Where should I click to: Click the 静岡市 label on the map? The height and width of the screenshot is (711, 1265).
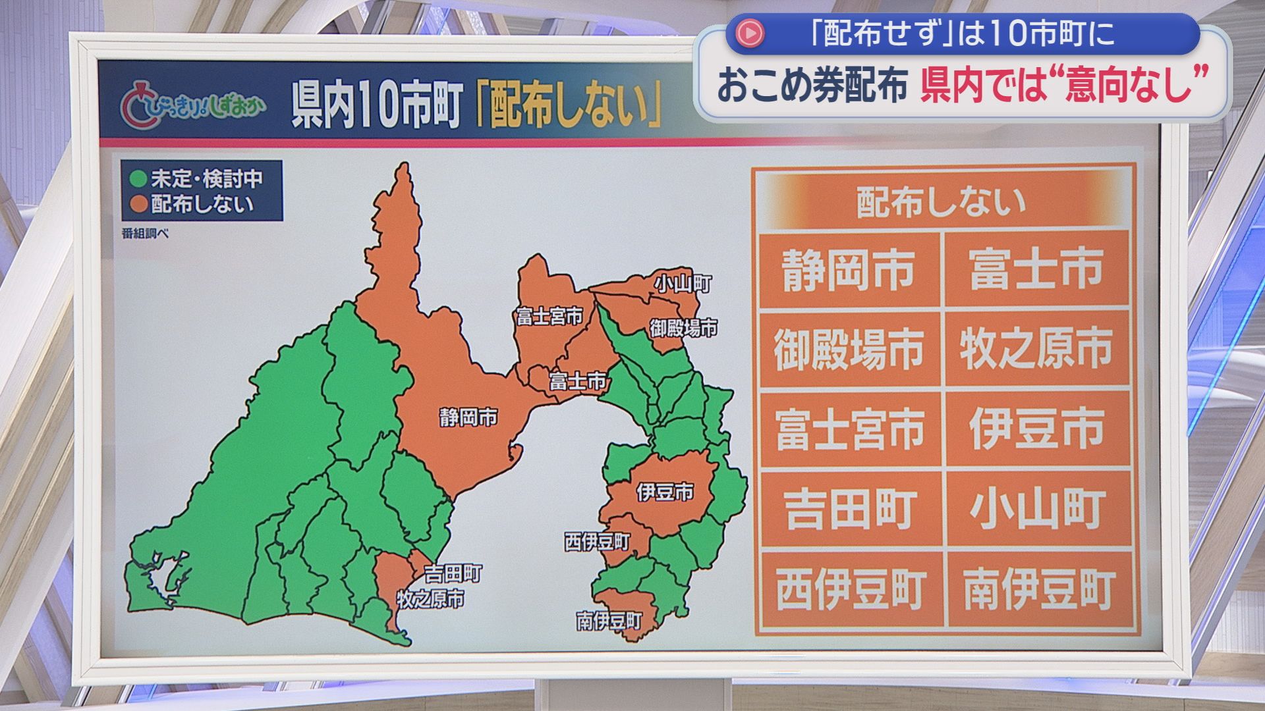pyautogui.click(x=468, y=417)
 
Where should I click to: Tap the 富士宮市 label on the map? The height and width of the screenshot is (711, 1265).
pyautogui.click(x=549, y=317)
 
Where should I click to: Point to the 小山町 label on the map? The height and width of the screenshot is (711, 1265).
pyautogui.click(x=683, y=284)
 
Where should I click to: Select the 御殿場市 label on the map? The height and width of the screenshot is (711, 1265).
pyautogui.click(x=683, y=328)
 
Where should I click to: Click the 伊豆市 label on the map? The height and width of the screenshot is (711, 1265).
pyautogui.click(x=665, y=492)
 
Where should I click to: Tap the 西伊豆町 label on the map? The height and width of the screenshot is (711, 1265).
pyautogui.click(x=598, y=542)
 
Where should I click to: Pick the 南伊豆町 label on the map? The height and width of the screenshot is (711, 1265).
pyautogui.click(x=609, y=620)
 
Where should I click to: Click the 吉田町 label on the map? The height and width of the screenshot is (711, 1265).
pyautogui.click(x=453, y=573)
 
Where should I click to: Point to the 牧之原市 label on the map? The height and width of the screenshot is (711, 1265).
pyautogui.click(x=430, y=599)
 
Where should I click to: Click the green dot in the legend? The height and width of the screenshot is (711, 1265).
pyautogui.click(x=138, y=178)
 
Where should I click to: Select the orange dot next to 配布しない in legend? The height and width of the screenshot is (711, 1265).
pyautogui.click(x=138, y=203)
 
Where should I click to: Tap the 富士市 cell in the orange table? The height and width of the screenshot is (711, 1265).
pyautogui.click(x=1036, y=269)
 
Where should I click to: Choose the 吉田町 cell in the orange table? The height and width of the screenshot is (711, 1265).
pyautogui.click(x=850, y=509)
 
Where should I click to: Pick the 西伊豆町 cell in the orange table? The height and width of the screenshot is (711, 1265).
pyautogui.click(x=850, y=589)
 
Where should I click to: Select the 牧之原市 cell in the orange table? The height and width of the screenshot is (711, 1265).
pyautogui.click(x=1036, y=349)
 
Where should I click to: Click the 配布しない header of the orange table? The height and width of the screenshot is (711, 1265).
pyautogui.click(x=942, y=201)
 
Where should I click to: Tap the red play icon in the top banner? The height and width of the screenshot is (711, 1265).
pyautogui.click(x=750, y=34)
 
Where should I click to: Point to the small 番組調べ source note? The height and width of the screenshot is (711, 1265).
pyautogui.click(x=145, y=233)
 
